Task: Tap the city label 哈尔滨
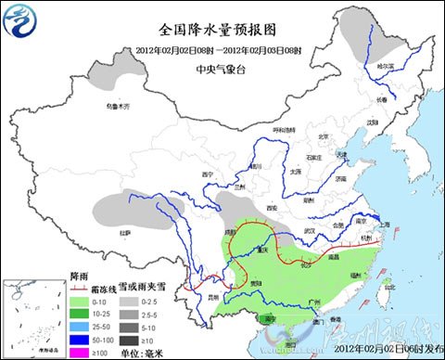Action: click(385, 67)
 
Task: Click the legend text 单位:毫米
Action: click(137, 351)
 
